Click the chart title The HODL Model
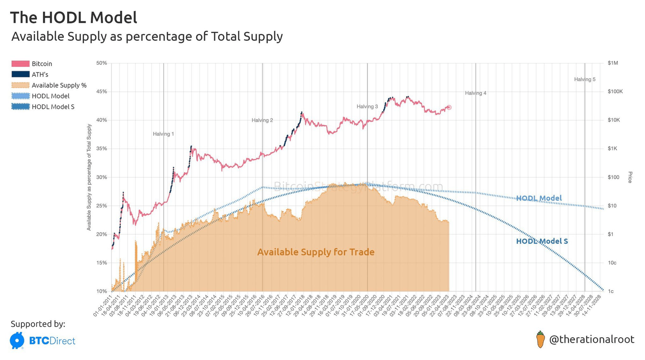tap(73, 18)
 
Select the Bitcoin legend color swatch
tap(20, 64)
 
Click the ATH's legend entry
tap(40, 75)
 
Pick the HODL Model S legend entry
tap(53, 107)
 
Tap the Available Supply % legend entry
tap(59, 85)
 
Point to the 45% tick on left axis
tap(102, 92)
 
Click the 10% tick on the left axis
tap(102, 291)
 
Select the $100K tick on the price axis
tap(615, 92)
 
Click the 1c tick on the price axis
tap(611, 291)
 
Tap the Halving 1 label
tap(163, 134)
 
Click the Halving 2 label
tap(262, 120)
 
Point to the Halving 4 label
tap(475, 93)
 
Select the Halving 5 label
tap(585, 79)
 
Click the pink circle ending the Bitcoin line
tap(449, 108)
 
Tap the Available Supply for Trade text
tap(316, 252)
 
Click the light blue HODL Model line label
tap(539, 198)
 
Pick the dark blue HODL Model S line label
tap(542, 241)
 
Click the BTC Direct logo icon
tap(17, 340)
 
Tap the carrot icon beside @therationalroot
tap(540, 339)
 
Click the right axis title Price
tap(630, 177)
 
